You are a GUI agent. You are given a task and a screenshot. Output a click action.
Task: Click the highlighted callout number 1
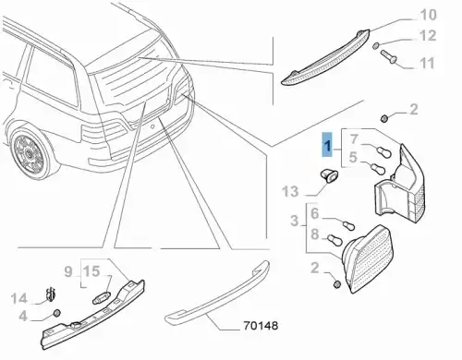(x=327, y=145)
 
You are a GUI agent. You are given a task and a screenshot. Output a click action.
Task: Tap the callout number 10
(x=428, y=15)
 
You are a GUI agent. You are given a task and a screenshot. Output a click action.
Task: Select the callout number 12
(x=428, y=36)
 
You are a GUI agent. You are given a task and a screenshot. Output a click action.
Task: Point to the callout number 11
(x=427, y=63)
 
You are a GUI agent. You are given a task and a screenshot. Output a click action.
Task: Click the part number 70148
(x=261, y=326)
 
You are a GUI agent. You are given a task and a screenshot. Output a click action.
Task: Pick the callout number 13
(x=290, y=192)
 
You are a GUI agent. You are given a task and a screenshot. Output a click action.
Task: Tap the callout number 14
(x=19, y=298)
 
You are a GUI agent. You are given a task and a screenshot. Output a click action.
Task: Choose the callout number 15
(x=91, y=271)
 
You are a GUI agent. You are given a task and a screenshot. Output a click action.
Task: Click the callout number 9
(x=68, y=271)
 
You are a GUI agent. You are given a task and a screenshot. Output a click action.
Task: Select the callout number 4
(x=23, y=316)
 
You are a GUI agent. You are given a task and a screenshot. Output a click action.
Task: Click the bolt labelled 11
(x=389, y=56)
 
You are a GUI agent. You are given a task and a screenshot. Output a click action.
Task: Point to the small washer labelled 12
(x=376, y=46)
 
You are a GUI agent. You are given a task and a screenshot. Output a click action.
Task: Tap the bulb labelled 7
(x=384, y=150)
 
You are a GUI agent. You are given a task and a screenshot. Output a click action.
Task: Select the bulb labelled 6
(x=349, y=224)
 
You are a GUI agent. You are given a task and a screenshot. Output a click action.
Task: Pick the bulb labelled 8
(x=334, y=239)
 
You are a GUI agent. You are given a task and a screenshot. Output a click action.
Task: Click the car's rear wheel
(x=30, y=152)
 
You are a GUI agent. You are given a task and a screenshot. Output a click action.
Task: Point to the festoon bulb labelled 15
(x=102, y=297)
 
